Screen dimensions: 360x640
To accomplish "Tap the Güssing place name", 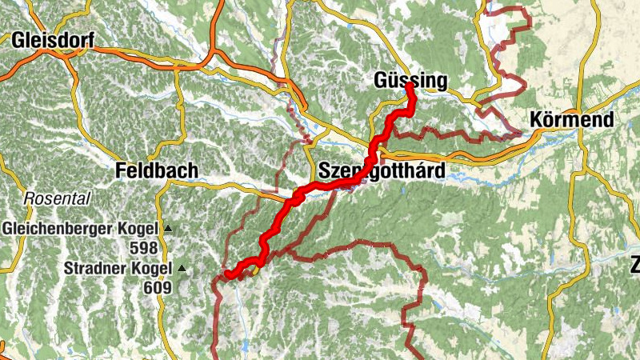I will [x=411, y=81].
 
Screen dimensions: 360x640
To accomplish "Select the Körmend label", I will [x=572, y=121].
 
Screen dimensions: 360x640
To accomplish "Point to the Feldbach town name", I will [x=156, y=171].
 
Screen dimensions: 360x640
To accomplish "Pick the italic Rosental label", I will [x=58, y=198].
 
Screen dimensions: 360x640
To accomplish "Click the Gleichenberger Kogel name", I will [x=80, y=229].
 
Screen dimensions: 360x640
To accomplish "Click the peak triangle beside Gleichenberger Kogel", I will [x=168, y=230].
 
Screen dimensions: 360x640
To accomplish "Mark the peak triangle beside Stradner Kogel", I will [x=182, y=269].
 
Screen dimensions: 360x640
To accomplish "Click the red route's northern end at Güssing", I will [x=409, y=85].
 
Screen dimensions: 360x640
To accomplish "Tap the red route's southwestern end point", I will [x=228, y=275].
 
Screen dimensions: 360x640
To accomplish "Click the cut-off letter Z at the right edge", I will [x=635, y=265].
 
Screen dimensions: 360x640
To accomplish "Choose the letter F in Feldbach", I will [x=120, y=171].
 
